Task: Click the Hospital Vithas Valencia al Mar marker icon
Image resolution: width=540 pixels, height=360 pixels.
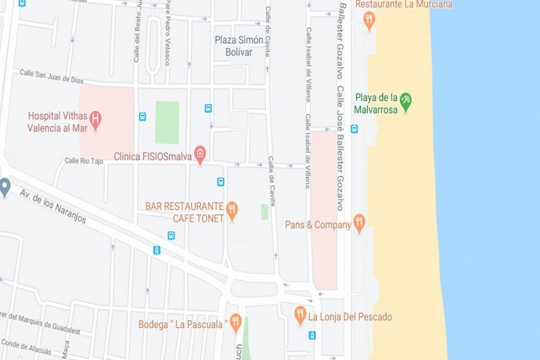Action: (x=95, y=121)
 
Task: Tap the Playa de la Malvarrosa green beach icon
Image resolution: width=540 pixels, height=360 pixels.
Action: (x=405, y=99)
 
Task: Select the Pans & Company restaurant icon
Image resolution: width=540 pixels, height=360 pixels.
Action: (x=359, y=223)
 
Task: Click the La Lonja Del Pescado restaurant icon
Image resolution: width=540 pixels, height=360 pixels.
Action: (x=300, y=315)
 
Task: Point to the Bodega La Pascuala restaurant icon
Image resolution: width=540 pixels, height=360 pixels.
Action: (x=235, y=322)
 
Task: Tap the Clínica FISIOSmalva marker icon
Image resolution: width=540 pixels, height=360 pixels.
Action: (x=200, y=153)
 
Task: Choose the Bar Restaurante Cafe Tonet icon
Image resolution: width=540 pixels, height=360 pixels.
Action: (x=232, y=210)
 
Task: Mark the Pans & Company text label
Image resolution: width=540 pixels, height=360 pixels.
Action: (x=318, y=225)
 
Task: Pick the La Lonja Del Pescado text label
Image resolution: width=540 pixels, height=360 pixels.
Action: (x=350, y=317)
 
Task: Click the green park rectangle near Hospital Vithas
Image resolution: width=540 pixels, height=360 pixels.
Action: (x=167, y=122)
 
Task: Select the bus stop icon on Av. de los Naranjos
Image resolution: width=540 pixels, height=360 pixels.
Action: (x=157, y=250)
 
